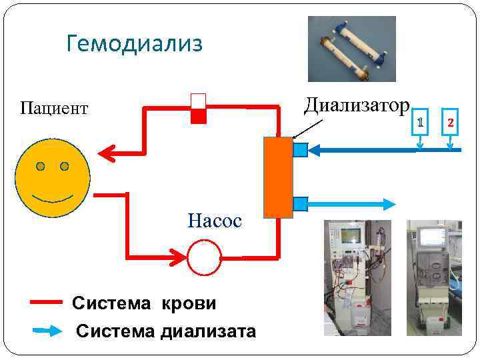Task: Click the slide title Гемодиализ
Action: (134, 44)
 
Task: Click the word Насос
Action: (214, 220)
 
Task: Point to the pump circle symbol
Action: (204, 257)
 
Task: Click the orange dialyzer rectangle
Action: (278, 177)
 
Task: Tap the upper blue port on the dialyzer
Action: (300, 150)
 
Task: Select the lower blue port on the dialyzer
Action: (300, 203)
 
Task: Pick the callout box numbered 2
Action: (451, 123)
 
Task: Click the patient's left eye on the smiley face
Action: (41, 165)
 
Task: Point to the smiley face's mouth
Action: (53, 199)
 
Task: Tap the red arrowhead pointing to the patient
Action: (107, 153)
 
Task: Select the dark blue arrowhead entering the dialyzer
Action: (317, 151)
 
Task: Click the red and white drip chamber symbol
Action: (199, 108)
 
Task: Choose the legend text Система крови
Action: (144, 303)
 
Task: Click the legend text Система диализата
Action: (166, 331)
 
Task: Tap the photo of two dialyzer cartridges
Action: (351, 49)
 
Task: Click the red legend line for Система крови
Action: (47, 302)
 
